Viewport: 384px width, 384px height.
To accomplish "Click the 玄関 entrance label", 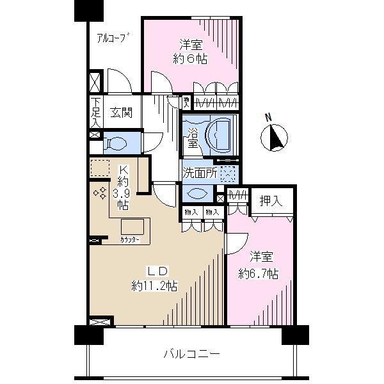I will coord(120,113).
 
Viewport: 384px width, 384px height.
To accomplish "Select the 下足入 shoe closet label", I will coord(95,113).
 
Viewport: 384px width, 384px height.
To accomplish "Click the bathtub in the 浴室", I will coord(221,134).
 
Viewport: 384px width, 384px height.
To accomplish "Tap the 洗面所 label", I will coord(200,172).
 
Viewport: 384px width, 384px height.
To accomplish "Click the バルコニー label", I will coord(191,353).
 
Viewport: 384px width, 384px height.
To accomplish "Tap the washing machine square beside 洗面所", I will coord(228,173).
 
